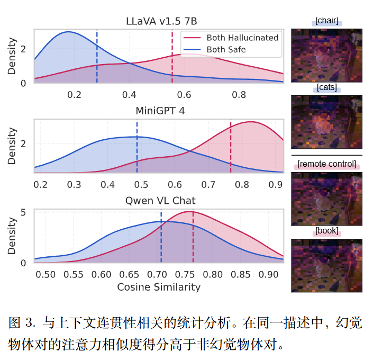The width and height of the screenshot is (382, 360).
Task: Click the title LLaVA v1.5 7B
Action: pos(159,22)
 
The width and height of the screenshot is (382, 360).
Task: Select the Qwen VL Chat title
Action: pos(160,201)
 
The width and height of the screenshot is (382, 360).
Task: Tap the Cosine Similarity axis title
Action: pos(159,287)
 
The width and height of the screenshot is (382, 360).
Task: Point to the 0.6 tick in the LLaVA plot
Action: pos(184,95)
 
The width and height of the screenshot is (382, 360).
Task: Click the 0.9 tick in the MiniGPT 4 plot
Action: pos(275,185)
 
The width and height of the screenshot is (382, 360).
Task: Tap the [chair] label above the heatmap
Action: pos(326,22)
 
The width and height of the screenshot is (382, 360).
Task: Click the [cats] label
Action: pos(326,88)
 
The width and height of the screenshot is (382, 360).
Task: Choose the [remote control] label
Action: pos(326,165)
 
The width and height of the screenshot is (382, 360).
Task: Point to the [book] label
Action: pos(326,231)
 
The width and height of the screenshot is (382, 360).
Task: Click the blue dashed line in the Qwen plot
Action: pos(161,238)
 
